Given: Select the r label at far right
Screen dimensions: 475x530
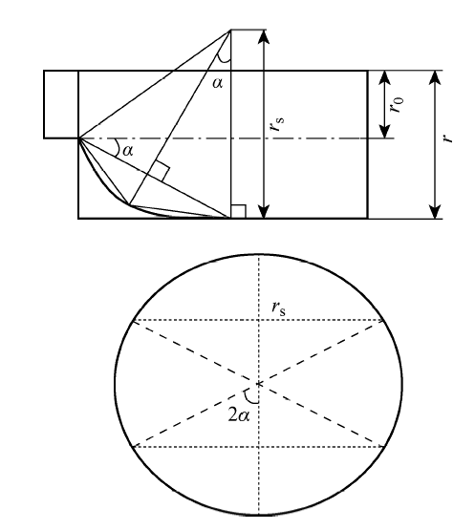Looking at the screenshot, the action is pos(448,138).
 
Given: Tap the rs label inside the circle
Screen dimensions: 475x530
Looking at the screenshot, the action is pos(278,307).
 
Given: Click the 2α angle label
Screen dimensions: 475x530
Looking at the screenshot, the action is pos(239,415).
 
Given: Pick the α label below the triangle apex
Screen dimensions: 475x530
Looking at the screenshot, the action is pos(218,83).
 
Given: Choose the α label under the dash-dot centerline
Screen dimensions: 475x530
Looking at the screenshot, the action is pos(127,151).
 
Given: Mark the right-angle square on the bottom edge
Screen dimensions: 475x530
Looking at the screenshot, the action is pos(238,212).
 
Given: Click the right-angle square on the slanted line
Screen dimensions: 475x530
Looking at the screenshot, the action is pos(161,171).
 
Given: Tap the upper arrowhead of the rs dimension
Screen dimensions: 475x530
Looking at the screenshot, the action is pos(264,37).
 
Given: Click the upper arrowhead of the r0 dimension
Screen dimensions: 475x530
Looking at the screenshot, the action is pos(384,77).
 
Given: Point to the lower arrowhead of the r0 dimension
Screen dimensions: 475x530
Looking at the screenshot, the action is pos(384,131).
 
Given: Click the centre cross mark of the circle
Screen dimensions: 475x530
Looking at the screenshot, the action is pos(259,384).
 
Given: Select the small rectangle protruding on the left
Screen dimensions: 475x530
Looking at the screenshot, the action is pos(61,104).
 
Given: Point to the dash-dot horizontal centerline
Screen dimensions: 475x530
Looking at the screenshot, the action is pos(237,138).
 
